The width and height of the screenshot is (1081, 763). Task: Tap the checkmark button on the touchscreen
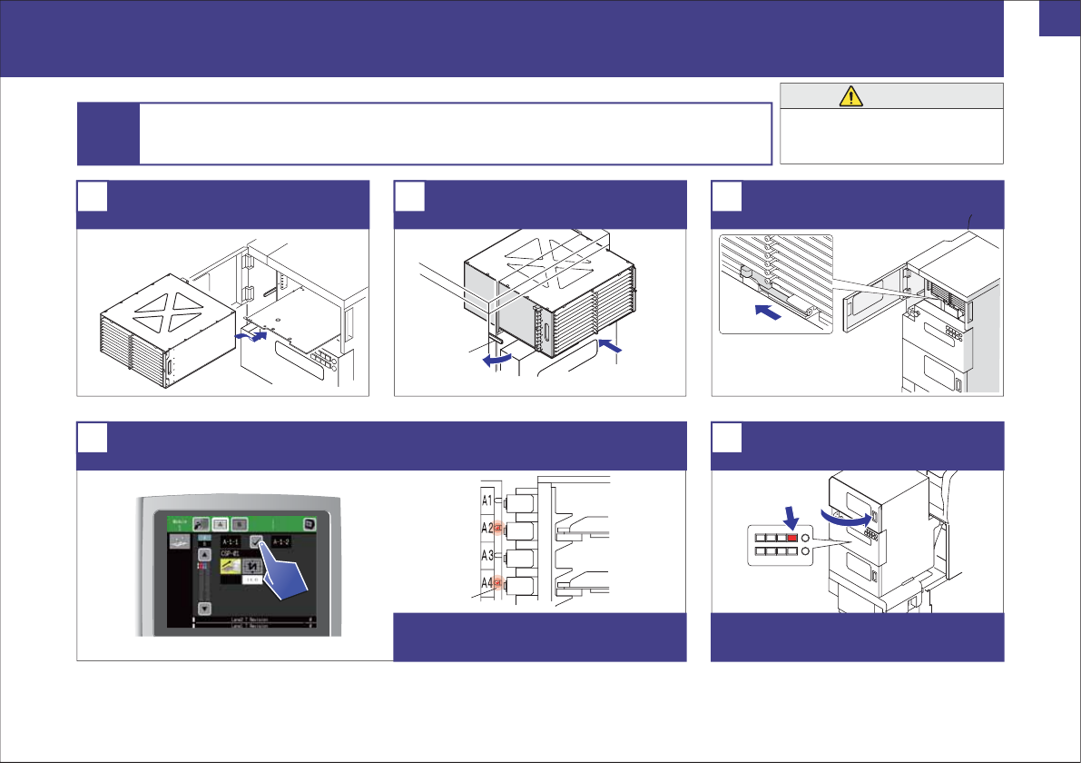tap(259, 541)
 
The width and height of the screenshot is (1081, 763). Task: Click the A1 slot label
tap(487, 500)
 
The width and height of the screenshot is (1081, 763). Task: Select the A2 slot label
tap(487, 528)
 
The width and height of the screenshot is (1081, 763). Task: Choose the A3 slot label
tap(487, 556)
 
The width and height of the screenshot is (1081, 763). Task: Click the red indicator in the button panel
tap(792, 539)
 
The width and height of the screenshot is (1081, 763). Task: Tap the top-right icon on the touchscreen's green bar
tap(310, 524)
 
